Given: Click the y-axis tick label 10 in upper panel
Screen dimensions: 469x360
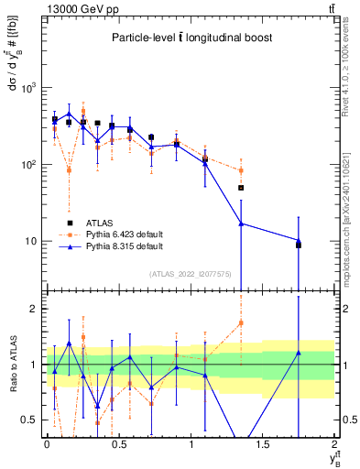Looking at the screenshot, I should (x=33, y=241).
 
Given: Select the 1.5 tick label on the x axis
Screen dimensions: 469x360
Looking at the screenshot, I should (x=263, y=443).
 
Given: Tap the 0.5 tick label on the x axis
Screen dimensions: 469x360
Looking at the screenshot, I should (x=118, y=443).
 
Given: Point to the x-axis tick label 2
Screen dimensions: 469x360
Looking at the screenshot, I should (x=335, y=443).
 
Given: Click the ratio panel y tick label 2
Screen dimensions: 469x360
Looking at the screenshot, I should (x=35, y=309).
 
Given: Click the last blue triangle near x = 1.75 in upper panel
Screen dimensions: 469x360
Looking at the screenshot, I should (x=299, y=241).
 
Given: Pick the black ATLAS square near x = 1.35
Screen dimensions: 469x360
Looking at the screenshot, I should (x=241, y=188).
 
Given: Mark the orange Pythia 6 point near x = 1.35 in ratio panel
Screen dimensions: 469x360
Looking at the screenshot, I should (x=241, y=322).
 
